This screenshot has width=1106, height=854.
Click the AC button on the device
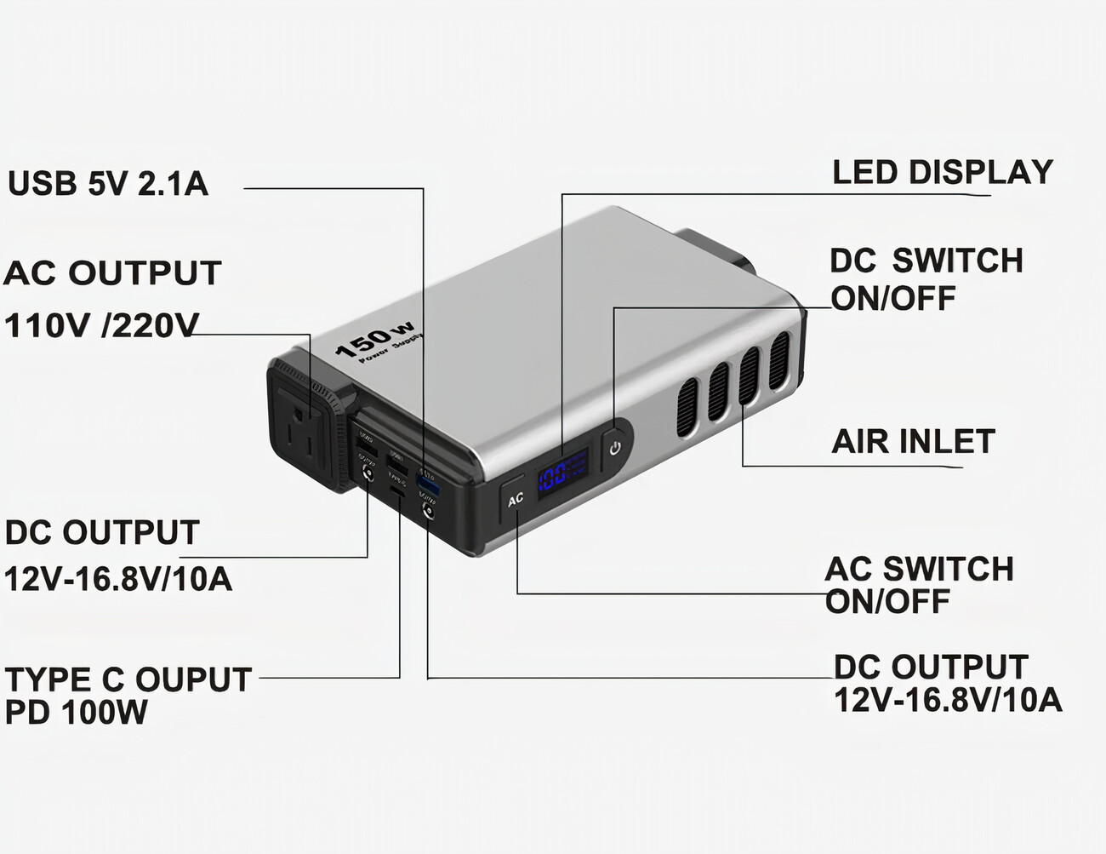tap(515, 500)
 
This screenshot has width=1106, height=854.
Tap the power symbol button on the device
tap(615, 446)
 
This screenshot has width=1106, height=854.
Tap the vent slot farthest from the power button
tap(779, 361)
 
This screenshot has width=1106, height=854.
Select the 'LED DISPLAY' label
tap(942, 173)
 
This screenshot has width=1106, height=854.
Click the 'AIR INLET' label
tap(913, 442)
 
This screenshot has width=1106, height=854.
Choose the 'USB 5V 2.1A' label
tap(108, 184)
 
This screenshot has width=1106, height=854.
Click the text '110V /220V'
tap(101, 325)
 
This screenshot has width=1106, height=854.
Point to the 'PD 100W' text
tap(77, 713)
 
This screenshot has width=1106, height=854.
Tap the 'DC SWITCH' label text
tap(926, 261)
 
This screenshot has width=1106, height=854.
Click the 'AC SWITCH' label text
tap(919, 569)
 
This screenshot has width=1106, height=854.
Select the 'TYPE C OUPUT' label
tap(128, 679)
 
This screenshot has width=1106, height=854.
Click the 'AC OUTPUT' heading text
tap(112, 273)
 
